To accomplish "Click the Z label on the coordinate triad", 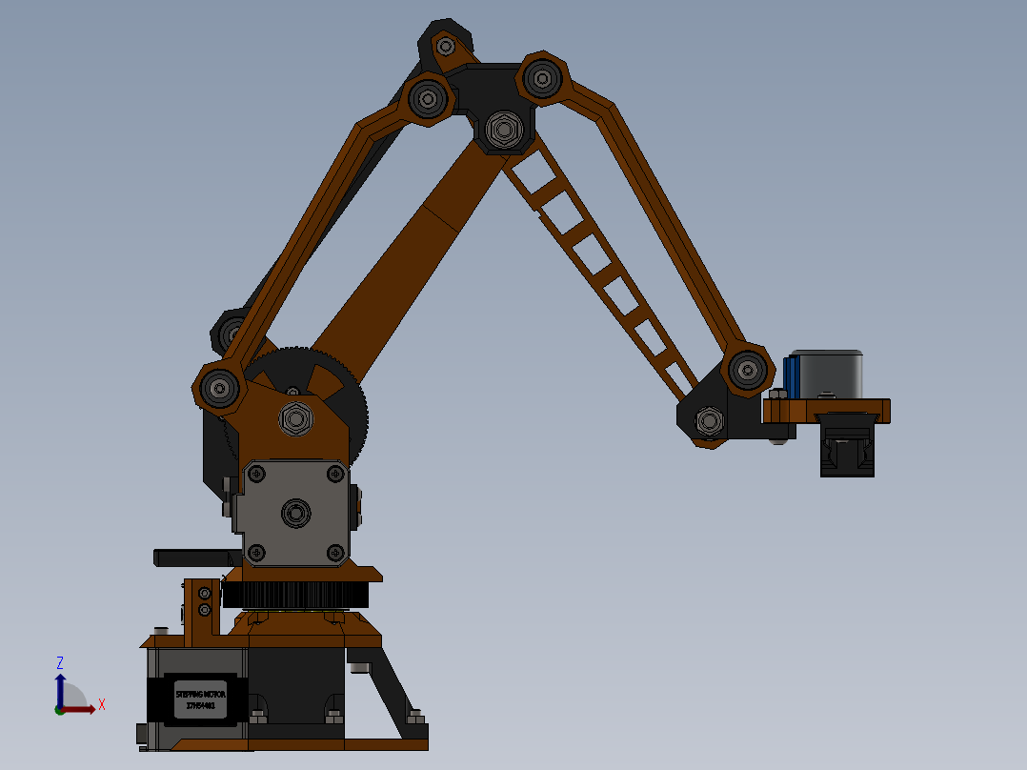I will point(60,662).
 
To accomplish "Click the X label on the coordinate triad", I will point(101,705).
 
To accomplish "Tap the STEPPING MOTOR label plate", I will point(201,700).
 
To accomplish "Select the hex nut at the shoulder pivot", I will point(294,417).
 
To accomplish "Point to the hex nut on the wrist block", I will point(708,419).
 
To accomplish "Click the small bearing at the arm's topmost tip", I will point(445,45).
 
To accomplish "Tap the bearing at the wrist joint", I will point(747,369).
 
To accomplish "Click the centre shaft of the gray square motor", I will point(295,514).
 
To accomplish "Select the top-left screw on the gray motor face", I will point(255,473).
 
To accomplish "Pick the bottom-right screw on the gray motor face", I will point(334,552).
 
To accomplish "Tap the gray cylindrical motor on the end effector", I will point(827,373).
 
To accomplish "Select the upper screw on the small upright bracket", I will point(204,594).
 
